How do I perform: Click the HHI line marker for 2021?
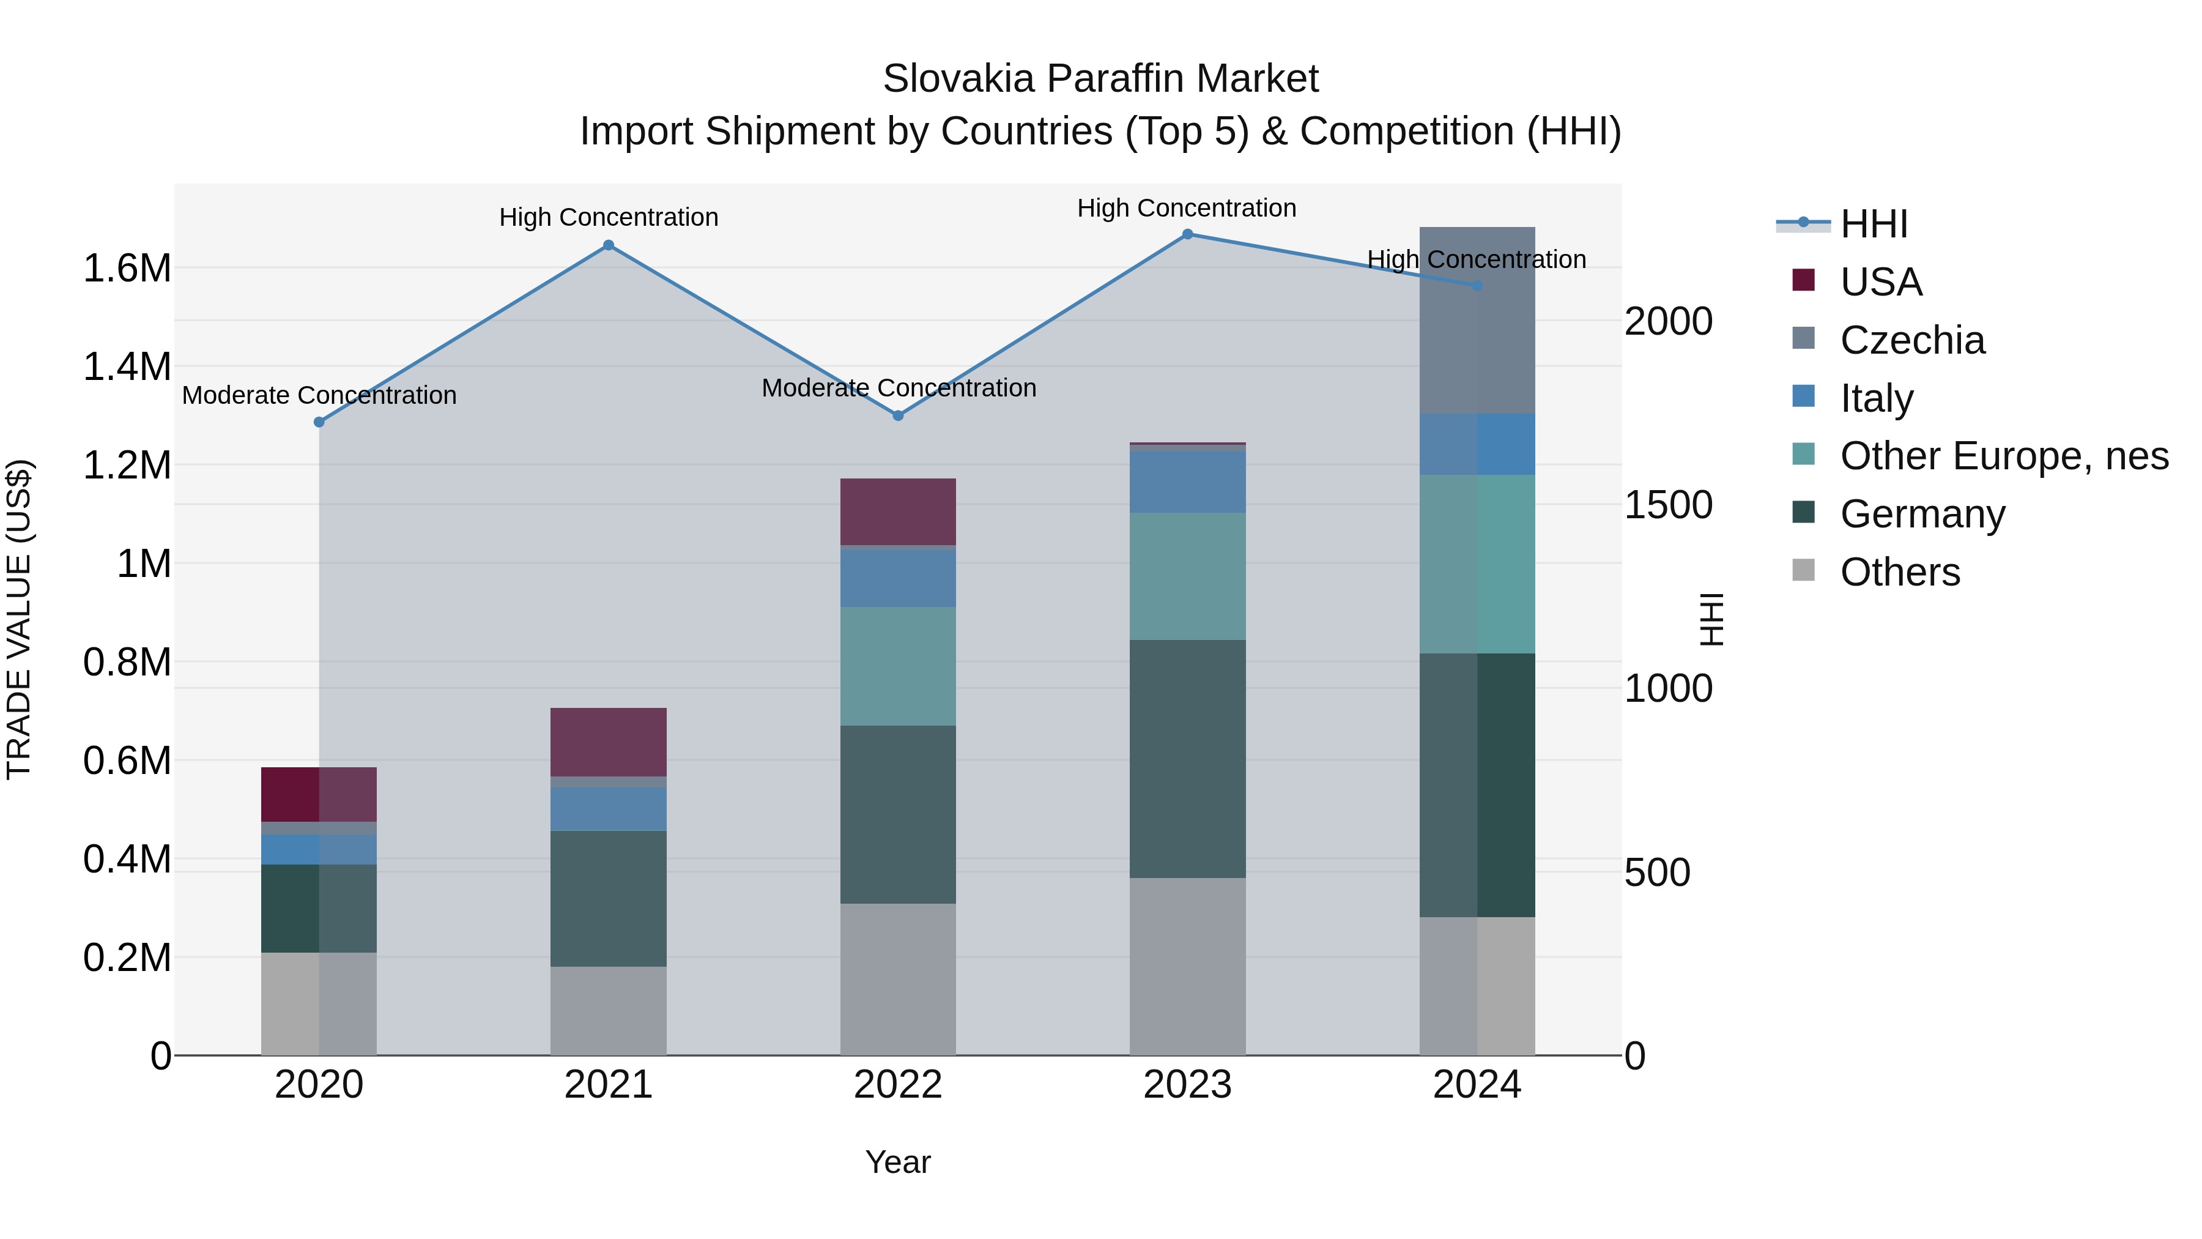point(609,245)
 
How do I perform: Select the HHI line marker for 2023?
point(1187,234)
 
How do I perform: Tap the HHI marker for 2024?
point(1477,286)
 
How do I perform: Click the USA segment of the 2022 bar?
point(897,512)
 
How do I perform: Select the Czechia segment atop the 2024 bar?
point(1477,321)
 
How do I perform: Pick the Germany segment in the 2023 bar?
point(1187,759)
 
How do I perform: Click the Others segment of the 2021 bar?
point(609,1011)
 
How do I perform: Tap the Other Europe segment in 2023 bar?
point(1187,576)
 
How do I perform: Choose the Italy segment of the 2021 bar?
point(609,809)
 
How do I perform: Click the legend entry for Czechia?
point(1911,340)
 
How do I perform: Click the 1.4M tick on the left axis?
point(127,367)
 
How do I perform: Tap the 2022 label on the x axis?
point(897,1085)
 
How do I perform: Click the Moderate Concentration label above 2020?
point(319,395)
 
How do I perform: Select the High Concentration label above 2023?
point(1187,208)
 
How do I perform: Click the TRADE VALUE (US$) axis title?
point(19,619)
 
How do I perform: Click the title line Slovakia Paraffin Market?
point(1100,79)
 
